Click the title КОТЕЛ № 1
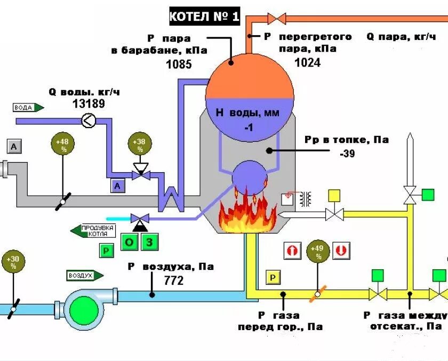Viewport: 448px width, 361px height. pyautogui.click(x=205, y=17)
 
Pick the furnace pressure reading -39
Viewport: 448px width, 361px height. pyautogui.click(x=347, y=154)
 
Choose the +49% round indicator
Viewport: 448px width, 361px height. pyautogui.click(x=318, y=252)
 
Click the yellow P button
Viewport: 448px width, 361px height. pyautogui.click(x=273, y=277)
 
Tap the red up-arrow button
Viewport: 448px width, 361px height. pyautogui.click(x=292, y=251)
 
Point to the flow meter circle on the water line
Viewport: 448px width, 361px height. pyautogui.click(x=89, y=121)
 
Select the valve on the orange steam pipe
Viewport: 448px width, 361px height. pyautogui.click(x=276, y=19)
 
